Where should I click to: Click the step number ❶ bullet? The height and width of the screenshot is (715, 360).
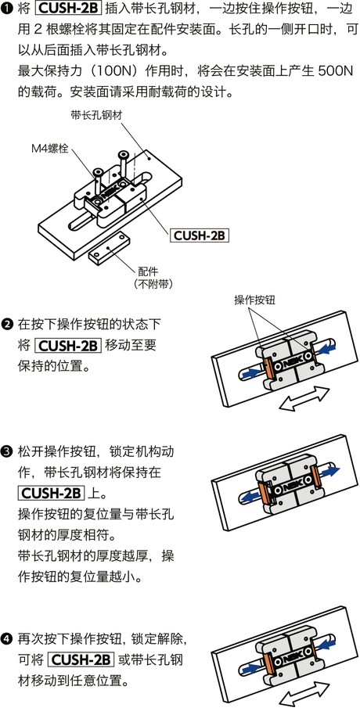point(8,10)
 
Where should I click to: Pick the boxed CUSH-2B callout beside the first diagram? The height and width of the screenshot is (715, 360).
point(200,234)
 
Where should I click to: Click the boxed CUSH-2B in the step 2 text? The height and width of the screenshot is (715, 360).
point(68,345)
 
